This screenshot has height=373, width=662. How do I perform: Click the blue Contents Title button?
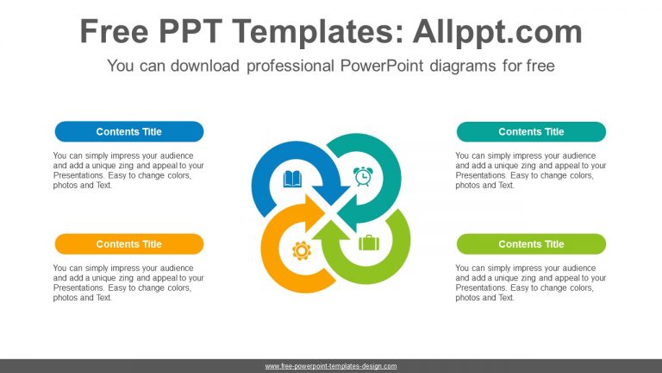(129, 131)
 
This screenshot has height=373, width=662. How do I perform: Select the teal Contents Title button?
(531, 131)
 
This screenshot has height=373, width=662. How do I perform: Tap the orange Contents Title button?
(129, 244)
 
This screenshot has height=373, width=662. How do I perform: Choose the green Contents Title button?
(531, 244)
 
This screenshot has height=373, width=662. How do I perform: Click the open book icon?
(292, 179)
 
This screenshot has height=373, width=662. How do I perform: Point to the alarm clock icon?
(363, 176)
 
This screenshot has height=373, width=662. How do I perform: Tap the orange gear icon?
(302, 250)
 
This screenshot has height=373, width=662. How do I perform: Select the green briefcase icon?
(369, 243)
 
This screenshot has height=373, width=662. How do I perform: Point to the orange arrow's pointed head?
(315, 212)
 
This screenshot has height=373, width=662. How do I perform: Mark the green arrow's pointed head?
(331, 231)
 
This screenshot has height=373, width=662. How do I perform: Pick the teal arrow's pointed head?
(348, 212)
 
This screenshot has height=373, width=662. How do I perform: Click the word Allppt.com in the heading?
(497, 32)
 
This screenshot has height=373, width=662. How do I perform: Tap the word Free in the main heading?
(114, 32)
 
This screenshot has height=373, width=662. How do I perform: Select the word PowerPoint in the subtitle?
(382, 66)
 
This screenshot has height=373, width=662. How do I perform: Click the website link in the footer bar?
(331, 366)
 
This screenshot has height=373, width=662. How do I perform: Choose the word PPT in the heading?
(190, 32)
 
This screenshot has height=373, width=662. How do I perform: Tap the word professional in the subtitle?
(290, 66)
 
